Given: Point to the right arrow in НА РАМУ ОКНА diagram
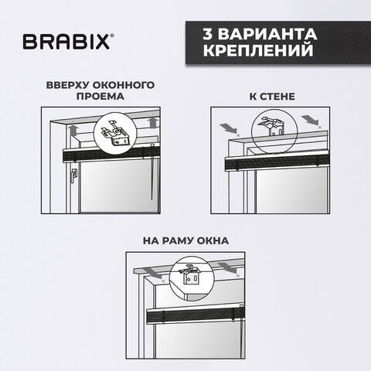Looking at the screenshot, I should pyautogui.click(x=230, y=267).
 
